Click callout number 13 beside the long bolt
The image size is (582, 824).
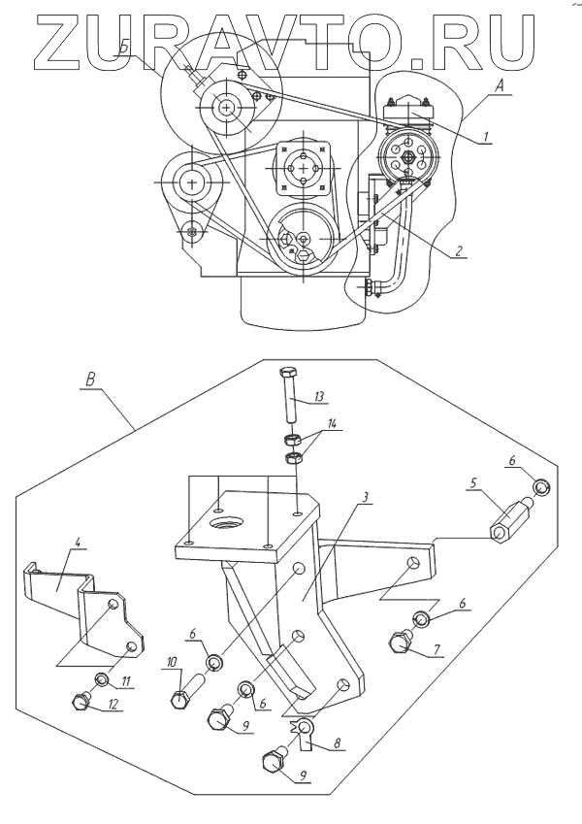(318, 396)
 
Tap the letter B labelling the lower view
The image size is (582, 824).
(90, 379)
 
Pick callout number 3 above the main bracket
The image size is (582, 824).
(365, 497)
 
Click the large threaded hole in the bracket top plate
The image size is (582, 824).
(227, 523)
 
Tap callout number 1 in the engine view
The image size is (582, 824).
(487, 137)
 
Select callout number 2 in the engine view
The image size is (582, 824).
(459, 251)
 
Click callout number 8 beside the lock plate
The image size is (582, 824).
(337, 743)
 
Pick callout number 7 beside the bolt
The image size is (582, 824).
(436, 650)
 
